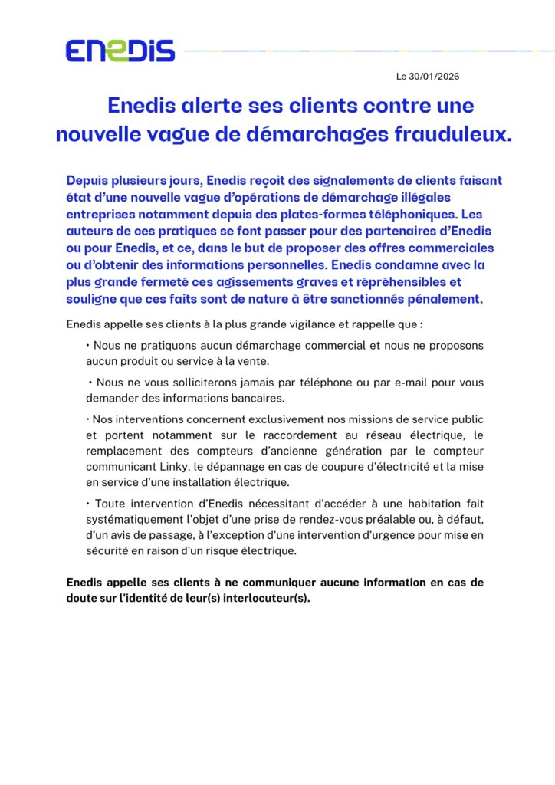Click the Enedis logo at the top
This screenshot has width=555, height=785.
click(120, 51)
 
